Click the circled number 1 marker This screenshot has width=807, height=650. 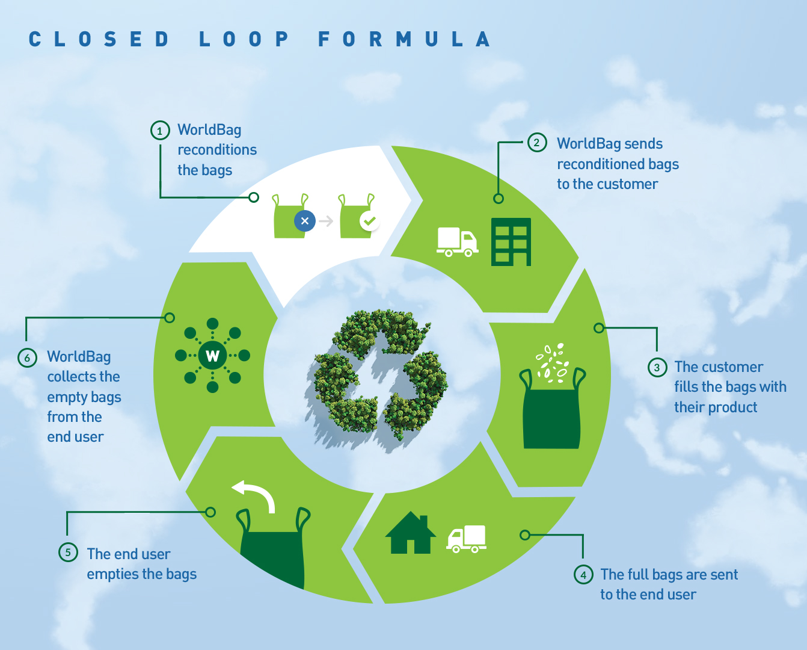click(x=160, y=131)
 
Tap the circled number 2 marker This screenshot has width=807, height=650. click(x=536, y=143)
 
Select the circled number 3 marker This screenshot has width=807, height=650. click(x=657, y=367)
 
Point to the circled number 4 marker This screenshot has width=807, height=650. click(x=583, y=574)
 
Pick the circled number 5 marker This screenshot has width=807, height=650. click(x=68, y=552)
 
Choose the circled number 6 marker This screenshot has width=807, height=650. click(x=27, y=357)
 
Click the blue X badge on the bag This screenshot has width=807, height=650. click(x=305, y=221)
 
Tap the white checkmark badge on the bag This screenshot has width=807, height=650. click(x=369, y=221)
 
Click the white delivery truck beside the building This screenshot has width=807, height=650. click(x=457, y=242)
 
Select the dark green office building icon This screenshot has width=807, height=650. click(x=511, y=242)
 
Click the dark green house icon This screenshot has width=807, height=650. click(x=411, y=533)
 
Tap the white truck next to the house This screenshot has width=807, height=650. click(x=467, y=539)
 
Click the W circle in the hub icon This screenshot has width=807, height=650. click(x=212, y=356)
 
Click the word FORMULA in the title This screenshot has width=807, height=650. click(x=404, y=40)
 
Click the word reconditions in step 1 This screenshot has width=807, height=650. click(x=217, y=150)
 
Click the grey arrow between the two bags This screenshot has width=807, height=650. click(x=326, y=221)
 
